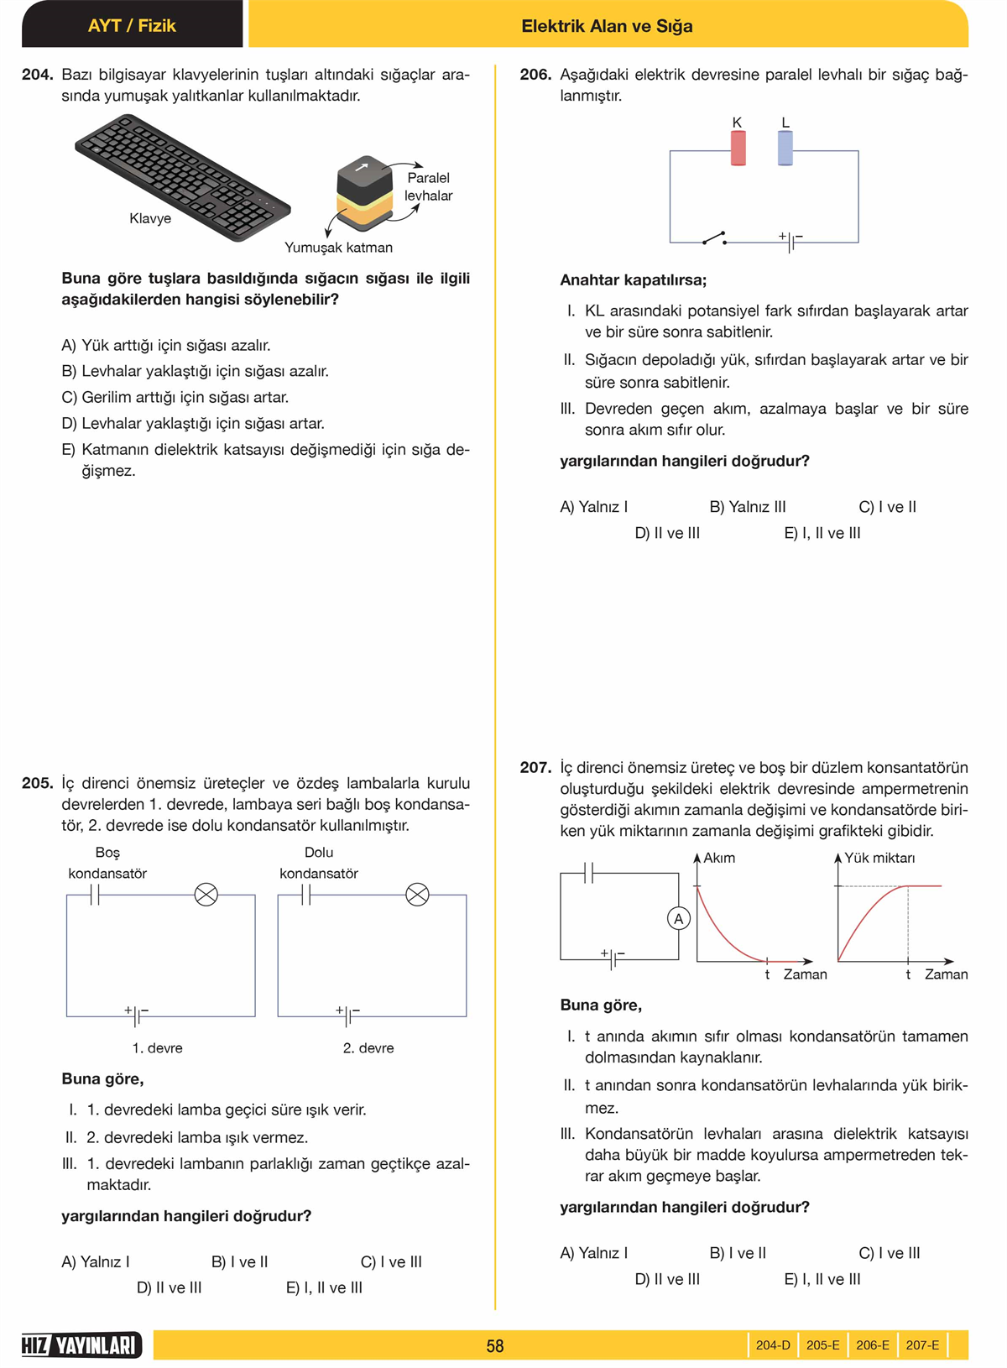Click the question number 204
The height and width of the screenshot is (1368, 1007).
pyautogui.click(x=37, y=75)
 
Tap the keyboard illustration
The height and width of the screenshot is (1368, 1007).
pyautogui.click(x=182, y=177)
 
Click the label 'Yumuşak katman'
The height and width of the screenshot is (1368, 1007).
pyautogui.click(x=338, y=248)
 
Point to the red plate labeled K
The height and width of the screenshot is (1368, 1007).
pyautogui.click(x=738, y=148)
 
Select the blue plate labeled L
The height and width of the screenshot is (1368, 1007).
pyautogui.click(x=785, y=148)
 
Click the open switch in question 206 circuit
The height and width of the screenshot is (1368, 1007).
pyautogui.click(x=714, y=238)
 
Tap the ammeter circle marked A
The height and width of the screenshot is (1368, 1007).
pyautogui.click(x=678, y=919)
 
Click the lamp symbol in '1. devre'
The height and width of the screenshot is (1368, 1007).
pyautogui.click(x=206, y=895)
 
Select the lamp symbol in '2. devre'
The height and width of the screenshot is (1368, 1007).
pyautogui.click(x=417, y=895)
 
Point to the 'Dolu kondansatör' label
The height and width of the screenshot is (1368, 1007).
pyautogui.click(x=319, y=863)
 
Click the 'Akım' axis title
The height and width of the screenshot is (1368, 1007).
pyautogui.click(x=719, y=858)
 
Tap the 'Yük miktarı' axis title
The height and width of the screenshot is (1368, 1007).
pyautogui.click(x=879, y=858)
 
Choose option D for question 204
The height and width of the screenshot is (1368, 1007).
pyautogui.click(x=193, y=424)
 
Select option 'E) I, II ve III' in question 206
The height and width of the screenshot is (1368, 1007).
pyautogui.click(x=822, y=533)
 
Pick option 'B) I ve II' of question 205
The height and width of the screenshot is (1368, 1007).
pyautogui.click(x=240, y=1261)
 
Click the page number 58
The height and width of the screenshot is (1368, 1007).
pyautogui.click(x=495, y=1346)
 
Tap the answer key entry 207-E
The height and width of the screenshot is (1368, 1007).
pyautogui.click(x=922, y=1345)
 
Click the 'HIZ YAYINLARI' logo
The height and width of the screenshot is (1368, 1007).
pyautogui.click(x=81, y=1345)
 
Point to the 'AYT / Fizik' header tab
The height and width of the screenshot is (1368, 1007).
pyautogui.click(x=132, y=25)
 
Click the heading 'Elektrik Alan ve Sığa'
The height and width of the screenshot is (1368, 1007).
pyautogui.click(x=607, y=26)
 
